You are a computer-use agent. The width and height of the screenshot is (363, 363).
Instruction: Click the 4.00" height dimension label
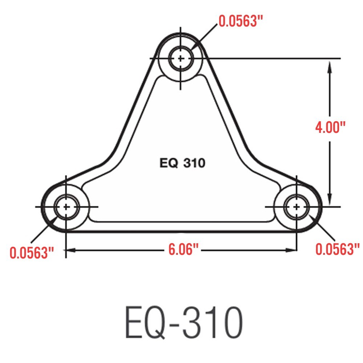330,128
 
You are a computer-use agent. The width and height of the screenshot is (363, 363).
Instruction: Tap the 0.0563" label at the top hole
240,21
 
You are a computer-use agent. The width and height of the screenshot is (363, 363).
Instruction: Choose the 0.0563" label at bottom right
337,249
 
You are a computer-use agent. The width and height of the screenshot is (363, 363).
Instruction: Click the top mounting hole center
181,58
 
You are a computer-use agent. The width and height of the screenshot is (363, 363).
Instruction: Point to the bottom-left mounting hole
66,207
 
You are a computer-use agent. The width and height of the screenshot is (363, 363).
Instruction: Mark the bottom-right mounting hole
297,207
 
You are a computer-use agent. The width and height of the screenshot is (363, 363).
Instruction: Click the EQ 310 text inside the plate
182,163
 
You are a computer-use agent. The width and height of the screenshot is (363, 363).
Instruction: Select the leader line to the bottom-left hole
42,232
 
